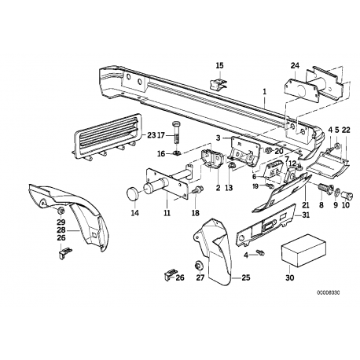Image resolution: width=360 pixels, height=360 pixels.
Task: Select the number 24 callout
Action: click(295, 66)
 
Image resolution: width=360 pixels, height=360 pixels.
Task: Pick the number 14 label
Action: click(133, 211)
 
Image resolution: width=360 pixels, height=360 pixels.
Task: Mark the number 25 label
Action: click(245, 277)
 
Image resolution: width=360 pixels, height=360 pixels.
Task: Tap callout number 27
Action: click(200, 277)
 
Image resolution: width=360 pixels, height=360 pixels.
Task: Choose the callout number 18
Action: click(195, 212)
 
